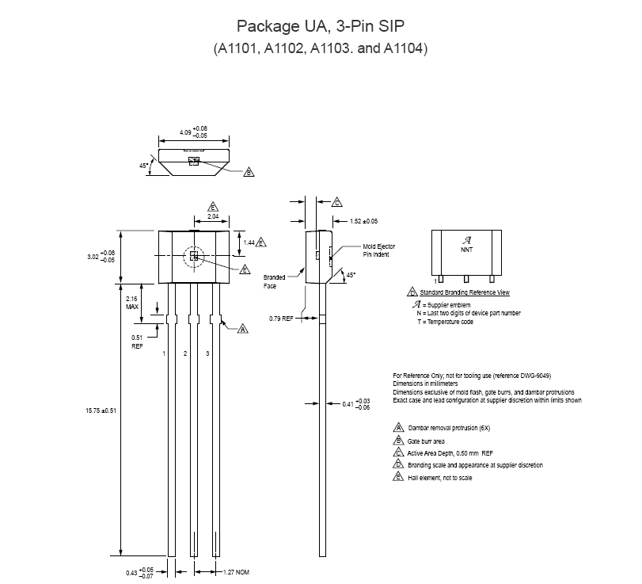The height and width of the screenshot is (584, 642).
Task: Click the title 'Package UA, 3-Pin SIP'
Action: tap(321, 26)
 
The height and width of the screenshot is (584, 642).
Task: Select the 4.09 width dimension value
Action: tap(185, 132)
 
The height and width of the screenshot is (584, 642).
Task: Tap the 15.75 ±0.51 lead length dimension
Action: tap(101, 410)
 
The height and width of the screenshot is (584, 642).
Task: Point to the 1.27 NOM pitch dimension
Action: tap(236, 572)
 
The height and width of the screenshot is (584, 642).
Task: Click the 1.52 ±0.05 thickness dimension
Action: tap(363, 221)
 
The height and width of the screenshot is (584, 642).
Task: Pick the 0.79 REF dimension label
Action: tap(281, 319)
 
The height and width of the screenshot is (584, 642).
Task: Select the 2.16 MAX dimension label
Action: tap(132, 303)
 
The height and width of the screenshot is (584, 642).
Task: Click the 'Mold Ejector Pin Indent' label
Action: tap(378, 250)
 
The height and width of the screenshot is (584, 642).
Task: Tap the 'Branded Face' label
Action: tap(274, 281)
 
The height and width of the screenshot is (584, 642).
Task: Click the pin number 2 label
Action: tap(185, 353)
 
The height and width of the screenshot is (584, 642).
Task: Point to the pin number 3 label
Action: tap(207, 353)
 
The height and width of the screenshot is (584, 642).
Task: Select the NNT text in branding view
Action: tap(467, 250)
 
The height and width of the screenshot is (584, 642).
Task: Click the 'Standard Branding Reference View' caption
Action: tap(465, 292)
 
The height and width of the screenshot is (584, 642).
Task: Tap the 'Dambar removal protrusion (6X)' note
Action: tap(449, 428)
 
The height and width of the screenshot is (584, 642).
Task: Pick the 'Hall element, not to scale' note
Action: tap(439, 478)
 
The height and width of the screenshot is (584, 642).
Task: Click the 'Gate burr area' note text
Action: tap(426, 441)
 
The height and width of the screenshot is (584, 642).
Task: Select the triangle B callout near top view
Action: tap(249, 172)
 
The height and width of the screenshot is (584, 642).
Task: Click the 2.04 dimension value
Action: tap(213, 216)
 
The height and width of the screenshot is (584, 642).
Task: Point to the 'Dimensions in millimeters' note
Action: tap(425, 384)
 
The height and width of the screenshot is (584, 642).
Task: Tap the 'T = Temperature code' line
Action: tap(445, 322)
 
